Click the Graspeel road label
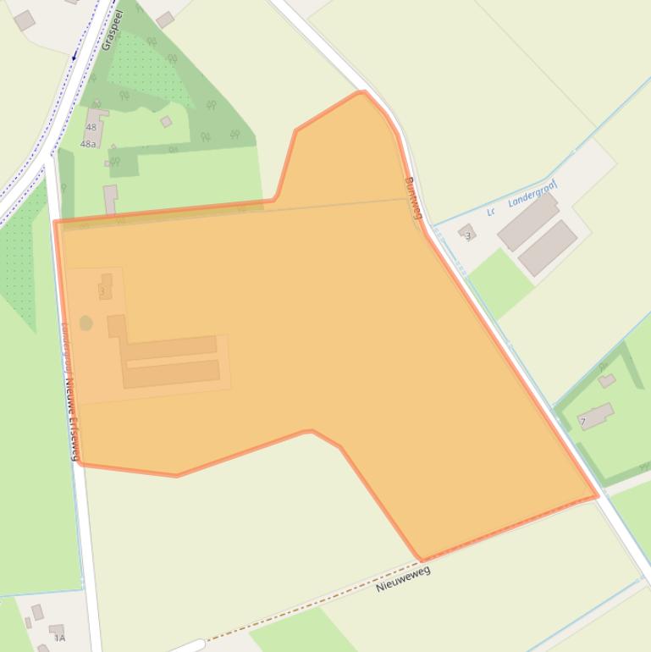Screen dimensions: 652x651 (x=111, y=30)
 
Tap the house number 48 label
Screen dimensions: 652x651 (x=91, y=128)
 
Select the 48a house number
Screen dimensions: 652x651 (x=88, y=144)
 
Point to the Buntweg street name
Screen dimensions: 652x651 (x=412, y=196)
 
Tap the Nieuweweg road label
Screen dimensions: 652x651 (x=403, y=579)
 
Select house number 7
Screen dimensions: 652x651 (x=582, y=421)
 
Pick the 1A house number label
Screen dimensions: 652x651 (x=59, y=638)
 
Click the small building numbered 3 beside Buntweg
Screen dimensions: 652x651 (x=466, y=233)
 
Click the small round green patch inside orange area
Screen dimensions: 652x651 (x=86, y=323)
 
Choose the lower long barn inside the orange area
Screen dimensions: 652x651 (x=173, y=373)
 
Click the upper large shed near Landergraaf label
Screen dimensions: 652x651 (x=527, y=222)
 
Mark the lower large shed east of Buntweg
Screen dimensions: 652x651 (x=549, y=247)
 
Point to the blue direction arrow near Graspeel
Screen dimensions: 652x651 (x=74, y=56)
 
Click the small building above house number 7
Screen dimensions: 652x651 (x=606, y=381)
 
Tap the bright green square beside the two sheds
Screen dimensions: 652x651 (x=499, y=282)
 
